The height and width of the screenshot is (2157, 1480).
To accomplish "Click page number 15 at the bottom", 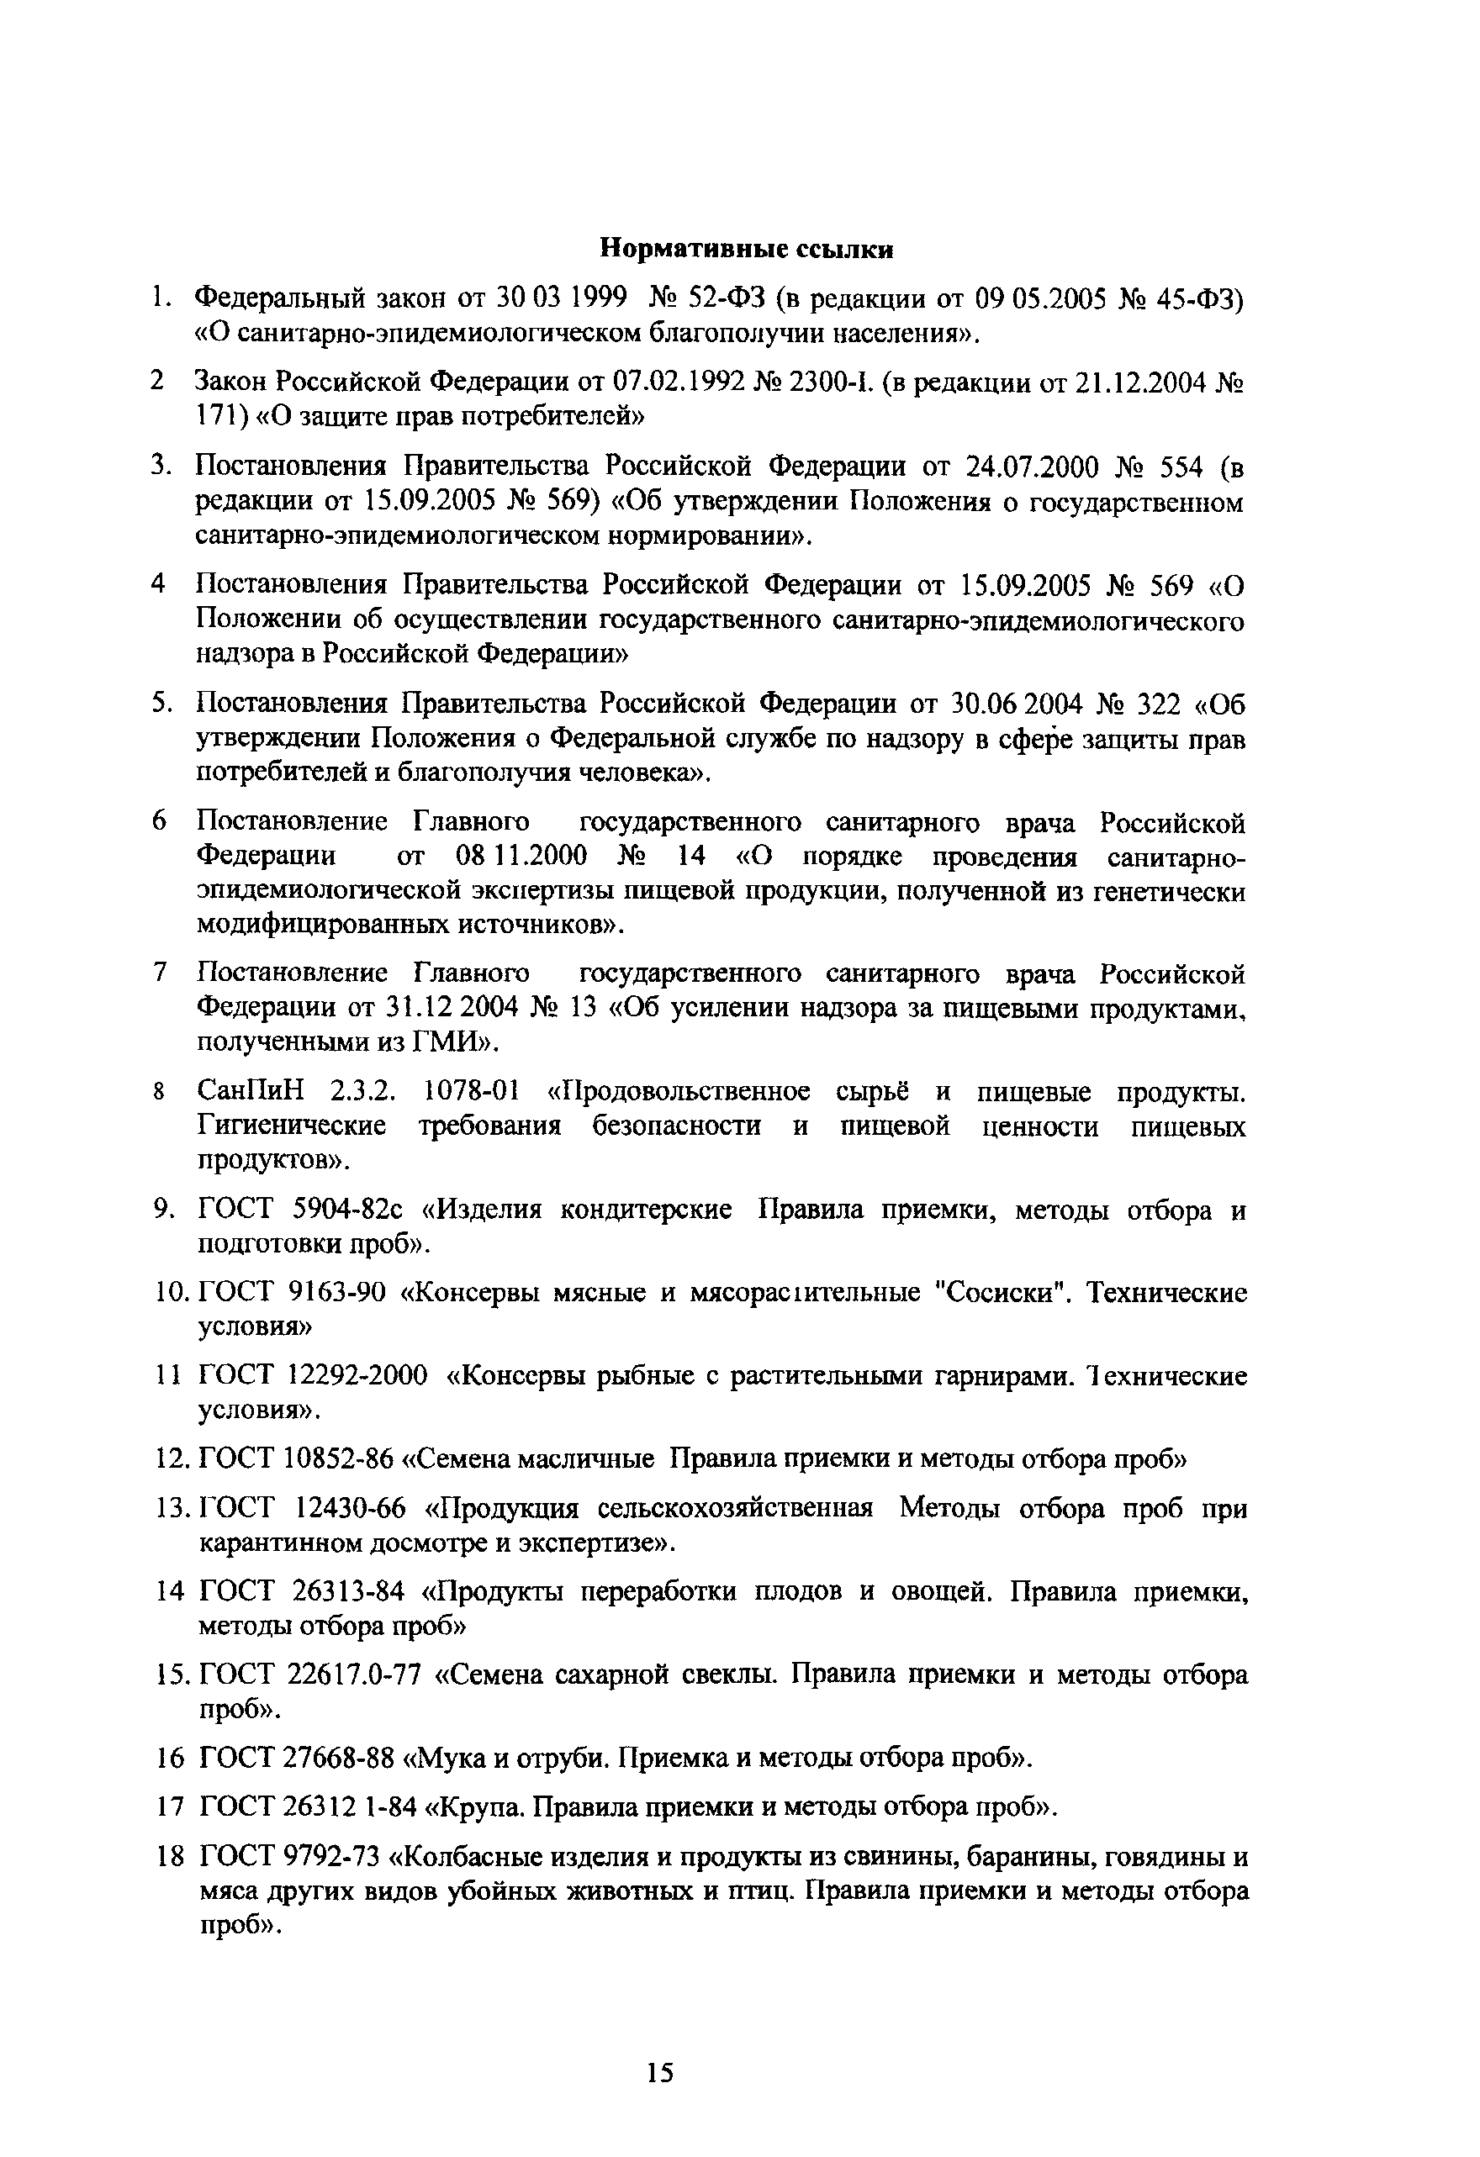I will [x=659, y=2074].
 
